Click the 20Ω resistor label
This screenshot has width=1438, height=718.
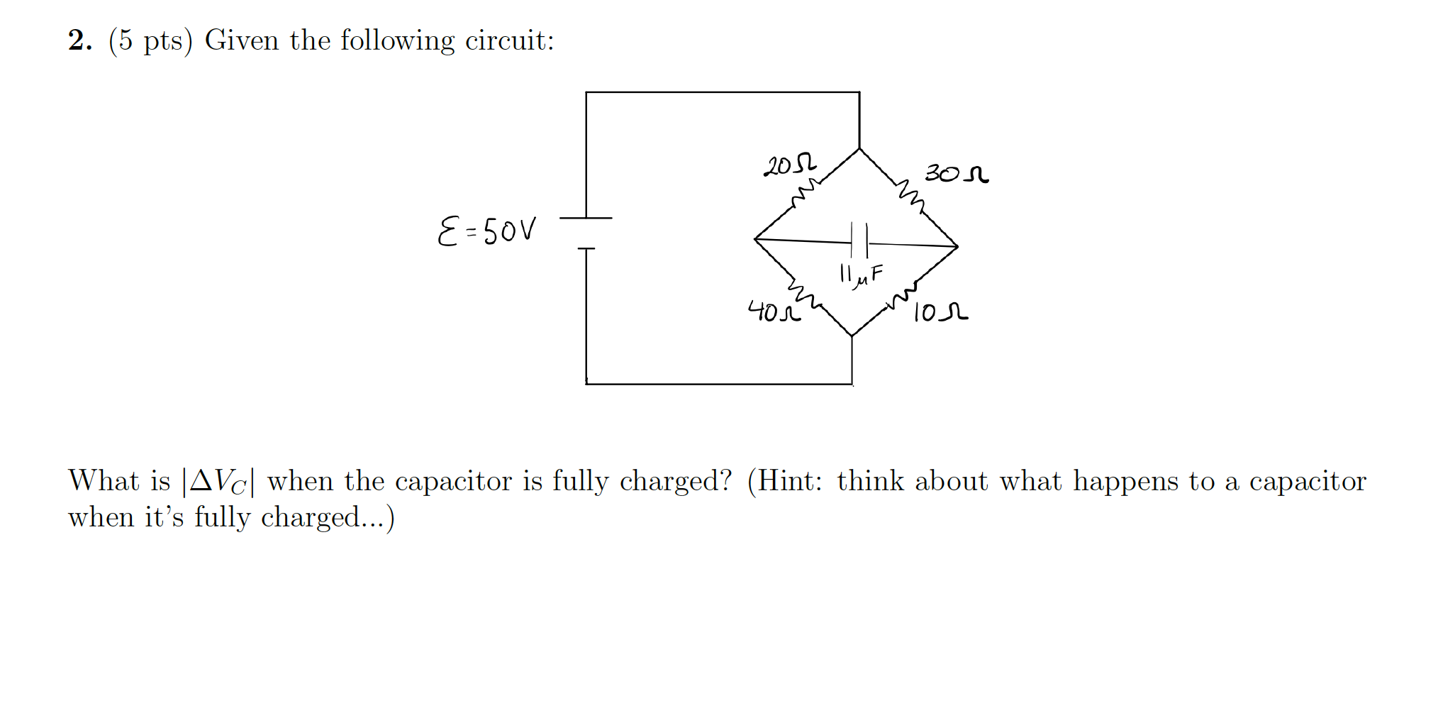point(789,164)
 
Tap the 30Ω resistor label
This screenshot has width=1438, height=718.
point(956,173)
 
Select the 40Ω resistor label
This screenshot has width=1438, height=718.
point(774,311)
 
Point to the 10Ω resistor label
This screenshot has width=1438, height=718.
point(940,311)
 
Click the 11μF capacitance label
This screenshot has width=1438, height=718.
point(861,275)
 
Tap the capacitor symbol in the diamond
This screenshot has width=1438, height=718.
point(859,241)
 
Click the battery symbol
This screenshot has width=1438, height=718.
point(586,233)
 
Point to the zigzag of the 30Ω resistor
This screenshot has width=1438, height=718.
point(910,196)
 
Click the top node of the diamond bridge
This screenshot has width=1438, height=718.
point(859,149)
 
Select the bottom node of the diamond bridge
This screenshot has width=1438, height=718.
point(852,336)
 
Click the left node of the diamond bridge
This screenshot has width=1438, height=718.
point(755,239)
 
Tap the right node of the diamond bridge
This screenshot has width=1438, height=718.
point(957,247)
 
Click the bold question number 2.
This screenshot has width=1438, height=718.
point(79,40)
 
